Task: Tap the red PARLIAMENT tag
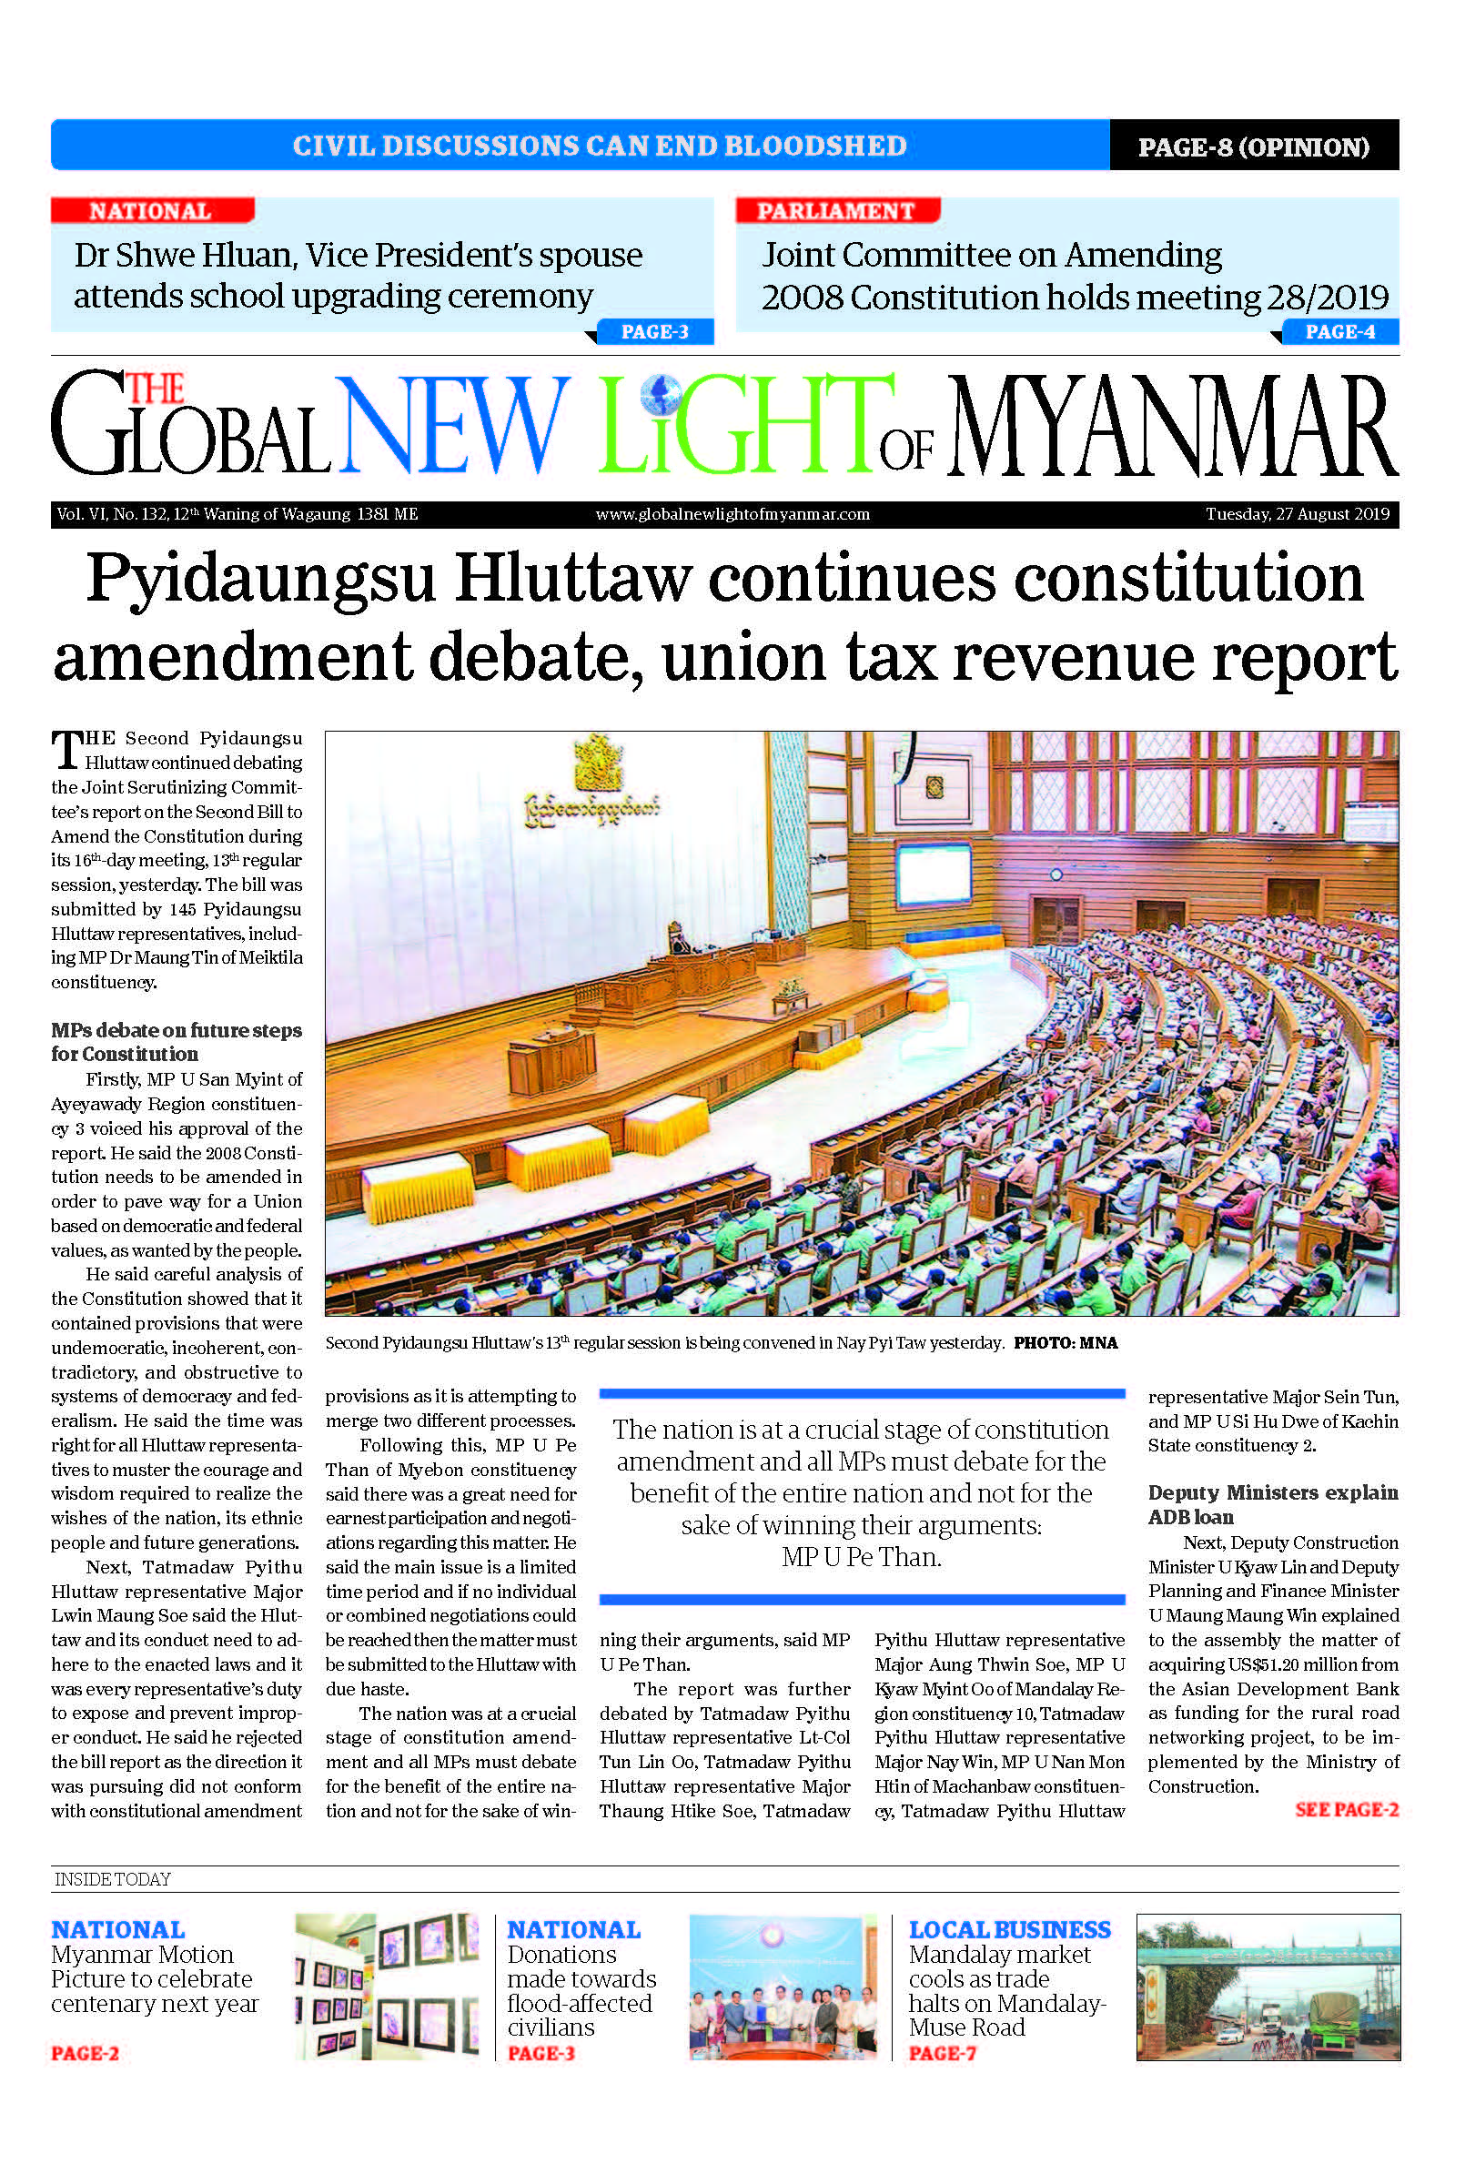tap(835, 211)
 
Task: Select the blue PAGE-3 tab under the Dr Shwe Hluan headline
tap(654, 331)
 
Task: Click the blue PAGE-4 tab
tap(1339, 331)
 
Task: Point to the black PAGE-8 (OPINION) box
tap(1253, 147)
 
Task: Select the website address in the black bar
tap(732, 514)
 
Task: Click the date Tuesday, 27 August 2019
tap(1297, 514)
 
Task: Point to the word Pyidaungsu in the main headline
tap(262, 578)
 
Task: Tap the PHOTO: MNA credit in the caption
tap(1066, 1343)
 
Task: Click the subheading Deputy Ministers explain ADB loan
tap(1272, 1504)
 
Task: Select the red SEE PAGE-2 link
tap(1347, 1809)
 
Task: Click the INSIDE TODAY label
tap(112, 1879)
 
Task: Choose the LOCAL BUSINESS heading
tap(1009, 1929)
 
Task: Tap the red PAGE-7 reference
tap(942, 2053)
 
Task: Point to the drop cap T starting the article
tap(66, 750)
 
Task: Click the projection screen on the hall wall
tap(933, 873)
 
